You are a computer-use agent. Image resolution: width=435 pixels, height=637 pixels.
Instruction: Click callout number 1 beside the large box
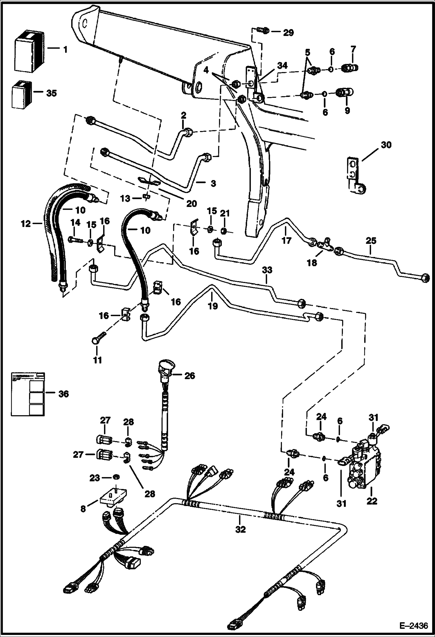65,50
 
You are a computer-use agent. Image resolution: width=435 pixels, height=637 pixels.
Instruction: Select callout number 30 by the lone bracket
386,145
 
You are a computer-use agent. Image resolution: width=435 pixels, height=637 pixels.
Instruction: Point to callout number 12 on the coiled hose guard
26,224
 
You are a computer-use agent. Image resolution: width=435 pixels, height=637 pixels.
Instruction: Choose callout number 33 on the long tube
267,270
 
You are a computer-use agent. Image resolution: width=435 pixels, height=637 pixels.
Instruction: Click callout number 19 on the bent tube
213,306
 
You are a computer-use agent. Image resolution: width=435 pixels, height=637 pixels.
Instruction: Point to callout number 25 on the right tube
371,241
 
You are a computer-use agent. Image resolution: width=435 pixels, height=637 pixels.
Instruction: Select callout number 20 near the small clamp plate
191,204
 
